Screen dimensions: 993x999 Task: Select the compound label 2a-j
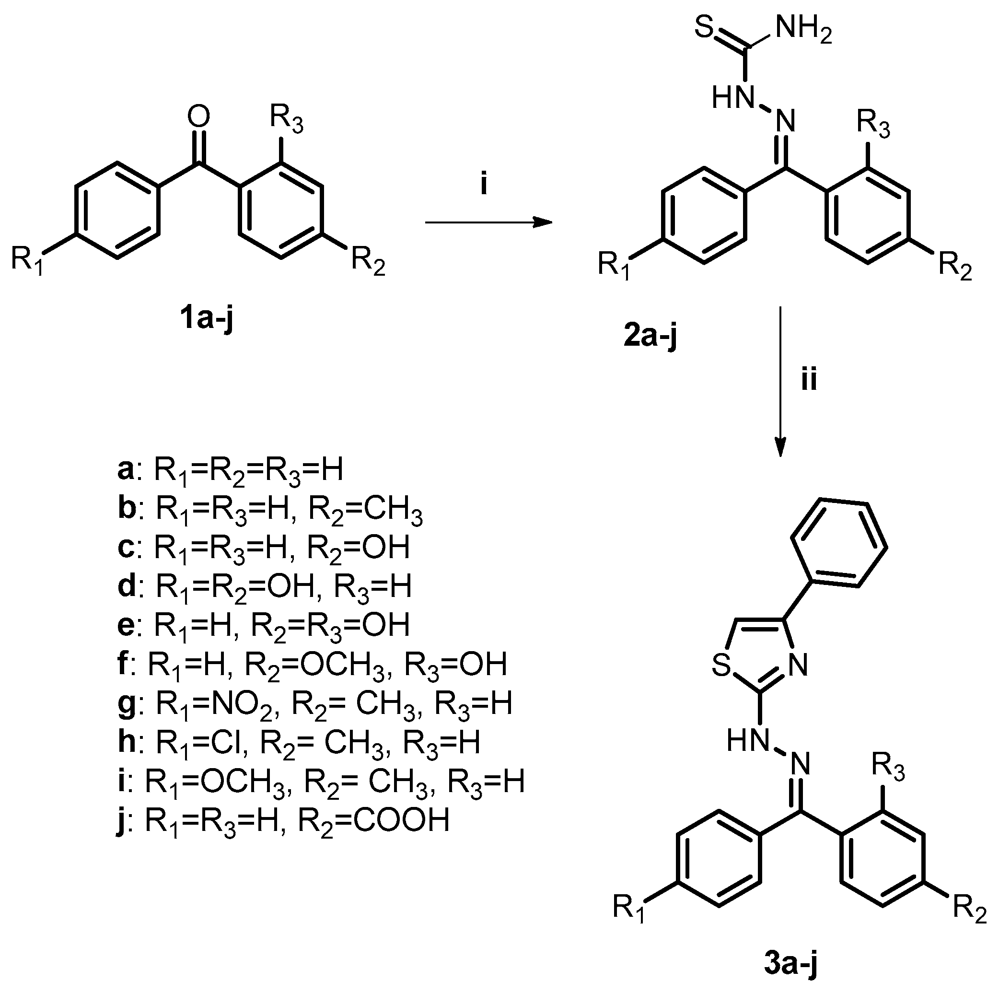650,337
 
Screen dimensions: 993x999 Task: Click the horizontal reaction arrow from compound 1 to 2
488,222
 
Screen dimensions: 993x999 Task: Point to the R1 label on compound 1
27,260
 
